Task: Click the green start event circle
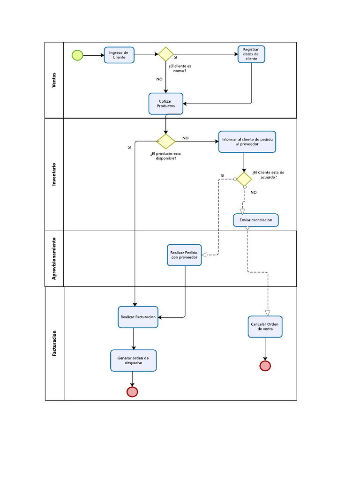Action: click(77, 55)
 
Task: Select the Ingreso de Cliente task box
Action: click(119, 55)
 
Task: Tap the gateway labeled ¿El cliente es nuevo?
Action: click(165, 54)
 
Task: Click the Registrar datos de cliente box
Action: click(251, 54)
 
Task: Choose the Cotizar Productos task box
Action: click(166, 104)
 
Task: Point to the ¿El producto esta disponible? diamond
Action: click(165, 141)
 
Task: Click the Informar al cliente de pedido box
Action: click(247, 142)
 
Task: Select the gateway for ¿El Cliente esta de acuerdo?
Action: click(244, 179)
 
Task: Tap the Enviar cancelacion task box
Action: click(256, 220)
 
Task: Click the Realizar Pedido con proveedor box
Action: click(184, 255)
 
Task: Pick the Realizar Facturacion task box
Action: click(138, 317)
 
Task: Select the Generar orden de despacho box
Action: click(133, 360)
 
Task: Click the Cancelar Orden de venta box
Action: click(265, 327)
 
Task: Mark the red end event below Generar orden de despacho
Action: click(132, 391)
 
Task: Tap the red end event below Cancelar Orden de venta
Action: click(265, 366)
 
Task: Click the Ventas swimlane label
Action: click(54, 80)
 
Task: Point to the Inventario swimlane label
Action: click(54, 174)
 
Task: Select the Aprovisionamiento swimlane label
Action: click(54, 258)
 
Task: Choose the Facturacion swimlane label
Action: click(54, 343)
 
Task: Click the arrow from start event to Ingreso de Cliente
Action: click(94, 55)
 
